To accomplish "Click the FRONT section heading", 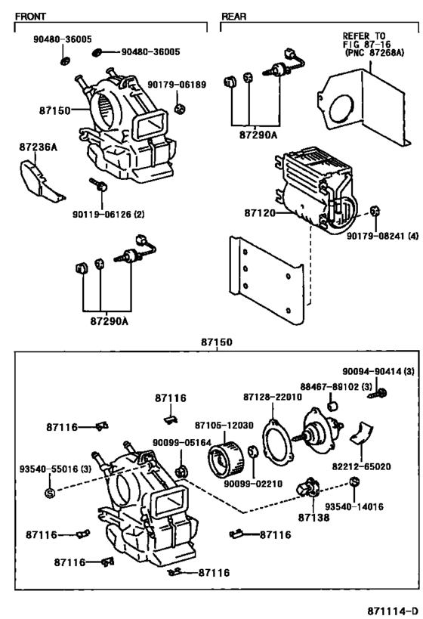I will point(31,16).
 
